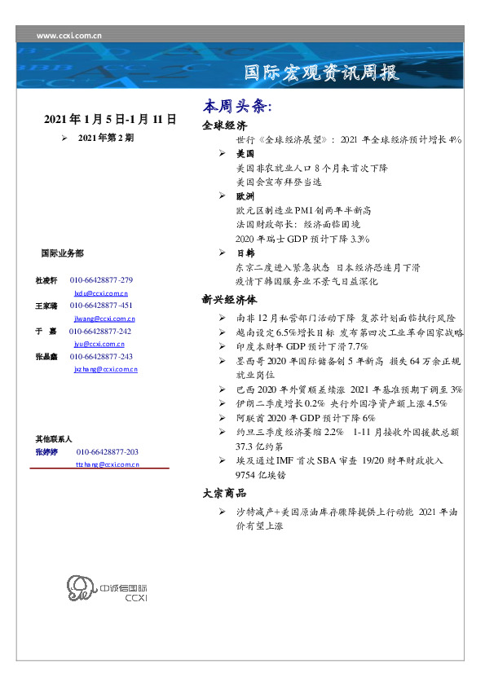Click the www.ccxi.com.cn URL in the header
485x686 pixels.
pos(69,35)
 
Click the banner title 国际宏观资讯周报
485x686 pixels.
pos(322,73)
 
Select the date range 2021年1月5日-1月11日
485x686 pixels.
pos(110,120)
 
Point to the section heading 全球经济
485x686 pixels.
pos(224,126)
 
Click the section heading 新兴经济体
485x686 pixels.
pos(229,299)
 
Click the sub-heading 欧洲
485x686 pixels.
pos(245,196)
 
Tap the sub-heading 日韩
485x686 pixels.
pos(245,253)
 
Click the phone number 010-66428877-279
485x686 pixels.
pos(101,280)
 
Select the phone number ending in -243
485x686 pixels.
pos(101,357)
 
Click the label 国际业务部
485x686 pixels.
pos(61,253)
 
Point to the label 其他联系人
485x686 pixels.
pos(54,439)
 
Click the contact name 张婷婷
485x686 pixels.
pos(46,451)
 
